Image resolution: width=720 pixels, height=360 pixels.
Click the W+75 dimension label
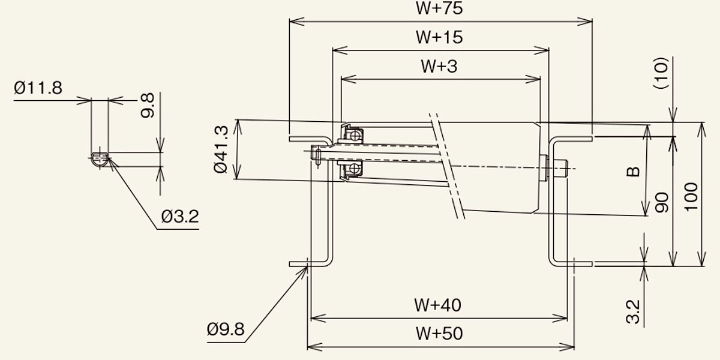click(439, 8)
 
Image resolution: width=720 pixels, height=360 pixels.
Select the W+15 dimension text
click(439, 37)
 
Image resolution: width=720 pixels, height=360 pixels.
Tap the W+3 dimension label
click(439, 67)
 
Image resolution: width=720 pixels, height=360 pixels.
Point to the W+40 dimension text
click(437, 305)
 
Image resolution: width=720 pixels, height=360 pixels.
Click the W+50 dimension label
click(439, 334)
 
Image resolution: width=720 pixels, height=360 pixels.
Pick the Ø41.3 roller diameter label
click(221, 149)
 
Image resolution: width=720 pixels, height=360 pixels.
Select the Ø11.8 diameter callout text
click(38, 88)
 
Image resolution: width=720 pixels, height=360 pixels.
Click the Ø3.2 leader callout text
click(180, 217)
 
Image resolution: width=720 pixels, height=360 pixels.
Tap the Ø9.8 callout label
click(226, 329)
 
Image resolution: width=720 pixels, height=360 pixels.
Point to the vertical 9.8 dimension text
click(148, 106)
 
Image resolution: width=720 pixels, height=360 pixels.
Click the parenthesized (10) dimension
click(661, 73)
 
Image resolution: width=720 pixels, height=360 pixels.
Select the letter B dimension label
click(633, 172)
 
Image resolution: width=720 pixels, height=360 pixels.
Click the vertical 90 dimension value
click(661, 203)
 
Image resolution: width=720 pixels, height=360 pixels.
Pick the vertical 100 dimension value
click(691, 197)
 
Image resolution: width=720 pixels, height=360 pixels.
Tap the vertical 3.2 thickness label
click(633, 312)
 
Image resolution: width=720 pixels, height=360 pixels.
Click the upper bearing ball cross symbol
click(355, 136)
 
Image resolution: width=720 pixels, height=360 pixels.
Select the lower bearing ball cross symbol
click(354, 169)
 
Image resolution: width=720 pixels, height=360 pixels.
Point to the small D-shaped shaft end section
click(100, 160)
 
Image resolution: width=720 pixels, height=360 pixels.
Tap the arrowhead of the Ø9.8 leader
click(307, 267)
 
